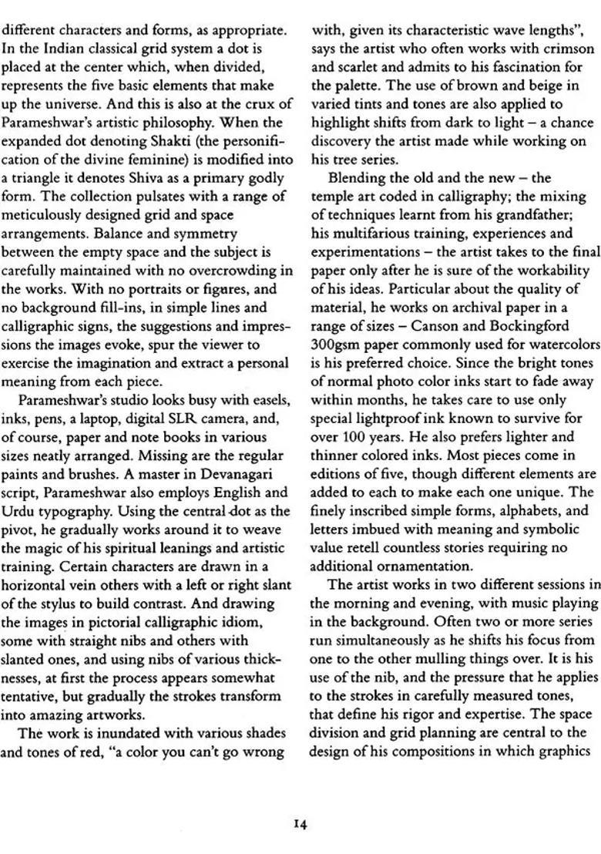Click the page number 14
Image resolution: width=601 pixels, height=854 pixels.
pyautogui.click(x=300, y=824)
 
